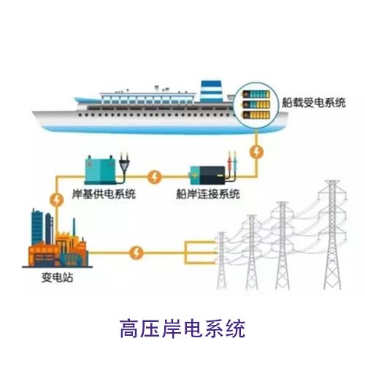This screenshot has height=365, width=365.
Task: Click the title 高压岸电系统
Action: [x=182, y=328]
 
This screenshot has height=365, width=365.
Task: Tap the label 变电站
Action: [x=57, y=277]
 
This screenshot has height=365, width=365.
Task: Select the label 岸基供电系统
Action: [x=104, y=194]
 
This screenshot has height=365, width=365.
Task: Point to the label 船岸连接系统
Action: [x=208, y=194]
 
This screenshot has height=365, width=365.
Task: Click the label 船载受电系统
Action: [x=314, y=102]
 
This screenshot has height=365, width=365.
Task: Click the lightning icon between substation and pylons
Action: [x=137, y=253]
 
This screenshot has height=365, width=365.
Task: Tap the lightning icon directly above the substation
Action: [x=57, y=201]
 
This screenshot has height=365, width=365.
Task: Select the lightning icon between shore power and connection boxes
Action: [x=154, y=177]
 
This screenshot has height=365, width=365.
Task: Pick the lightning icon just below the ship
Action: [x=256, y=152]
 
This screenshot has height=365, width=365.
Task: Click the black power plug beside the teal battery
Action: [x=124, y=166]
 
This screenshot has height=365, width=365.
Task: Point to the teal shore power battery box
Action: [x=100, y=170]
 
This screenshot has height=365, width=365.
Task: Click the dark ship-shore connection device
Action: [x=207, y=175]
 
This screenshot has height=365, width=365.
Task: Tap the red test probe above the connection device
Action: [x=229, y=161]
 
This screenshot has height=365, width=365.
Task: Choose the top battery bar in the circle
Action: [x=256, y=94]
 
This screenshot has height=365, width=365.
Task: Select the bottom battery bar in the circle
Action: [x=256, y=115]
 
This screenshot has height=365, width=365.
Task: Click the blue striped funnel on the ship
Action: [x=211, y=91]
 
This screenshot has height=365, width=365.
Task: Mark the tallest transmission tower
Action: [x=332, y=235]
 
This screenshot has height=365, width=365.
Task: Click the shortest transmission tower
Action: [x=221, y=261]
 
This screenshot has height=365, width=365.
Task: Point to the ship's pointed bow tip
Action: [x=33, y=112]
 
